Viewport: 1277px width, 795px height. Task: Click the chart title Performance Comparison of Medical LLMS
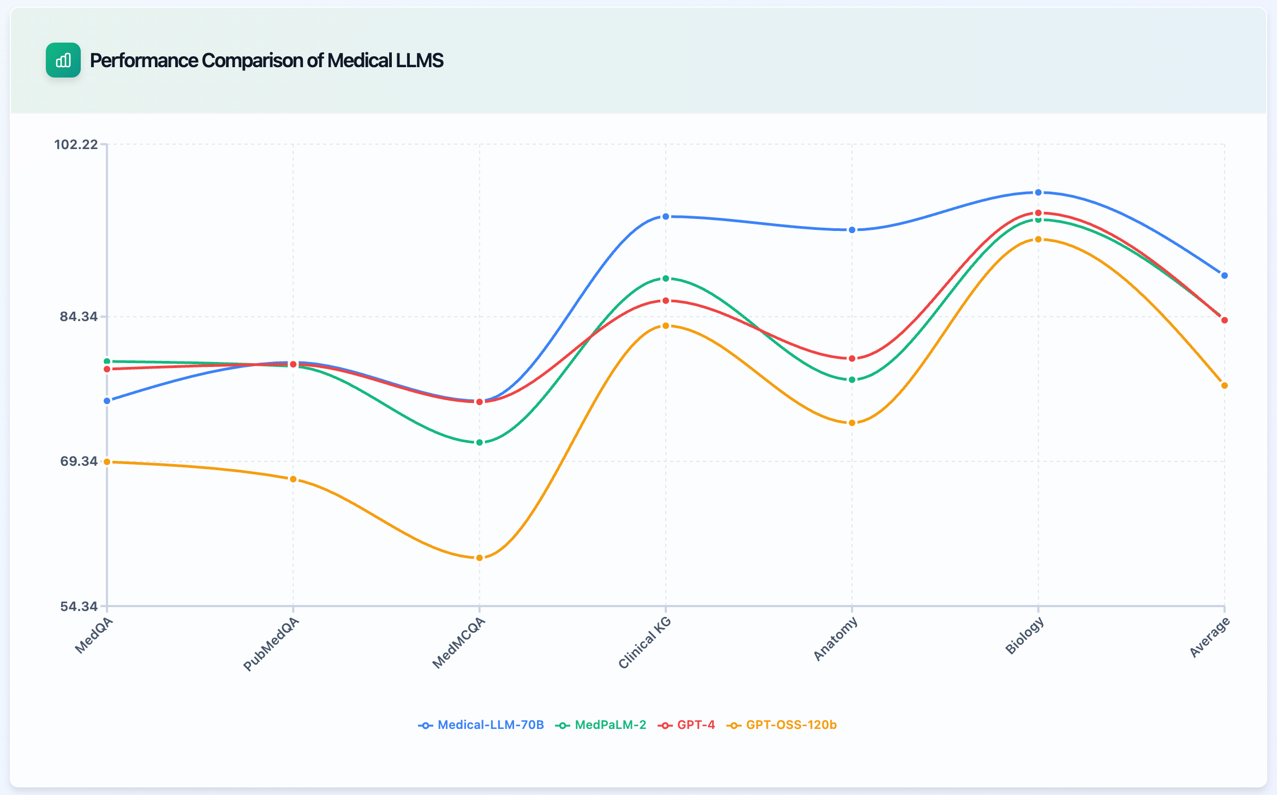tap(266, 61)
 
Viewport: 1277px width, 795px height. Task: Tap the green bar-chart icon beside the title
tap(63, 60)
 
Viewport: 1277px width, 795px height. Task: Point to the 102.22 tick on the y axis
tap(76, 145)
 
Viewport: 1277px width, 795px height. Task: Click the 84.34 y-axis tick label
tap(79, 317)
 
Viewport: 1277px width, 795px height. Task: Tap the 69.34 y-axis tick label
tap(79, 461)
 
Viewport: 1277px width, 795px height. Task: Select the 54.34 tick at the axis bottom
tap(79, 607)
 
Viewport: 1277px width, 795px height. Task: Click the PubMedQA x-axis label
tap(271, 644)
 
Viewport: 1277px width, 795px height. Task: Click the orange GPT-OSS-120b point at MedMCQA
tap(480, 558)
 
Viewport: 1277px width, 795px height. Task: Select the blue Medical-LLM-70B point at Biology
tap(1039, 193)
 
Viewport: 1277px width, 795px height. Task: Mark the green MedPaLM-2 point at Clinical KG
tap(666, 279)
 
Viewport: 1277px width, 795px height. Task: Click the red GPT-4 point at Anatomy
tap(852, 359)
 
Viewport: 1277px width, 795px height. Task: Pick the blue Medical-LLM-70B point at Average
tap(1225, 276)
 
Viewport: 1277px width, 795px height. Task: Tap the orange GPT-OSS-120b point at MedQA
tap(107, 462)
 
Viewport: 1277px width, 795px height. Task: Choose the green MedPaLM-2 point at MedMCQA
tap(480, 442)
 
